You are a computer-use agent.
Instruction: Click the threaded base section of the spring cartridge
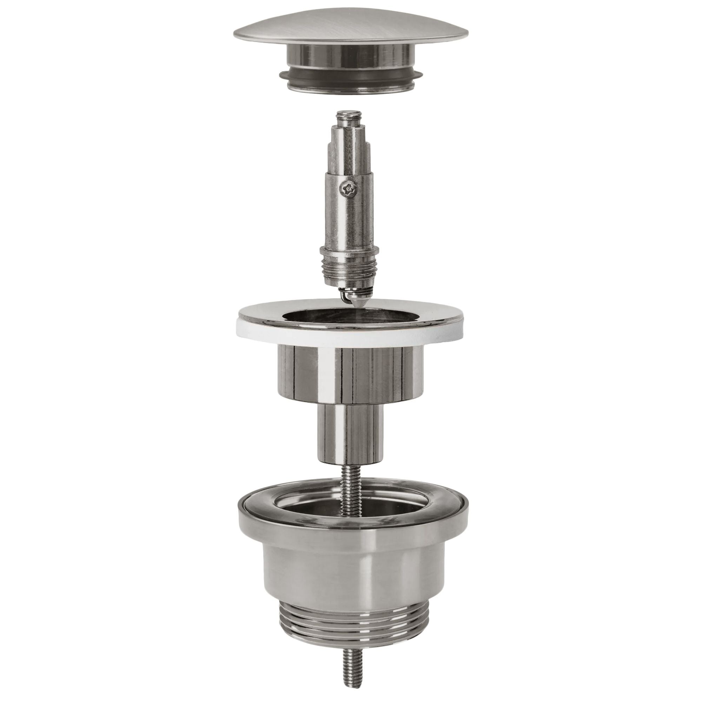click(x=349, y=269)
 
